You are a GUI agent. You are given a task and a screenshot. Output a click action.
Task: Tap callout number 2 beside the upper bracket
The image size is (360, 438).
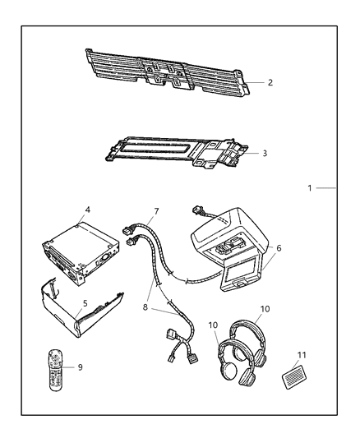click(x=270, y=83)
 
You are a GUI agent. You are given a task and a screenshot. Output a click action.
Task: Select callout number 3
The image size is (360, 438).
click(x=264, y=153)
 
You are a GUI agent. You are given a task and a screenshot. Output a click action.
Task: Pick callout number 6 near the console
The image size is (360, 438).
click(x=279, y=248)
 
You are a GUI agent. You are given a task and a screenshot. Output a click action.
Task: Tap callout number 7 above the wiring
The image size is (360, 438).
click(x=155, y=211)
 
